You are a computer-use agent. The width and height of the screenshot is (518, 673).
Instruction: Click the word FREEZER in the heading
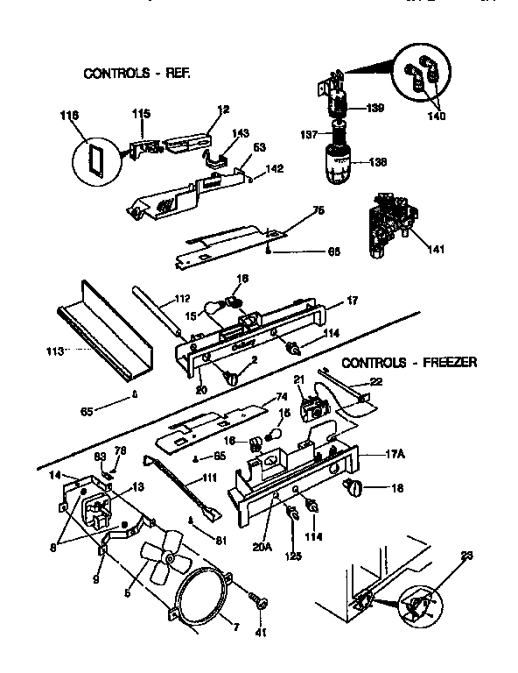pyautogui.click(x=446, y=362)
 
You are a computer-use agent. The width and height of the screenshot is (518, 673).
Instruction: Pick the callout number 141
pyautogui.click(x=435, y=250)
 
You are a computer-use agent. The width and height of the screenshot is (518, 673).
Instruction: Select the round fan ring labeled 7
pyautogui.click(x=202, y=596)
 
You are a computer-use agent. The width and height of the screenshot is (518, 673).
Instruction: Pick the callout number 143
pyautogui.click(x=241, y=133)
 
